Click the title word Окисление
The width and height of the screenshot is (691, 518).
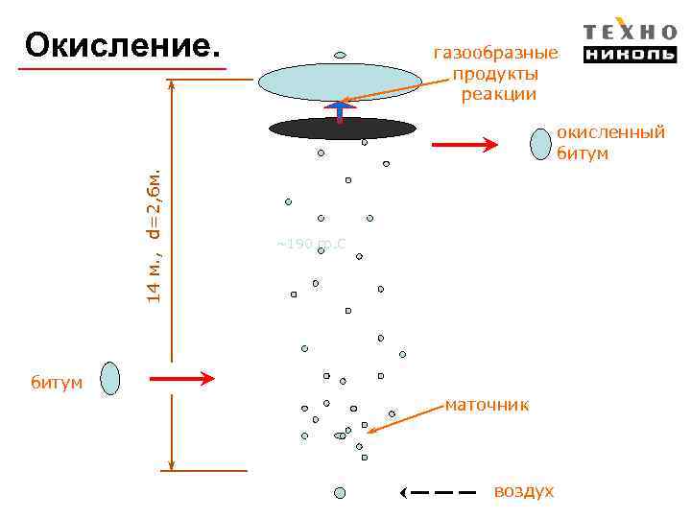(x=122, y=44)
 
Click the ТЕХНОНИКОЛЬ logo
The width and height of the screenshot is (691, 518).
(x=630, y=42)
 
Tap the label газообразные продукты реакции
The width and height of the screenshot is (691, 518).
(x=495, y=74)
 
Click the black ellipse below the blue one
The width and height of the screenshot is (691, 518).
(x=342, y=129)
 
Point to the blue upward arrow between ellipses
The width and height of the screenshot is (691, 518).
(x=340, y=111)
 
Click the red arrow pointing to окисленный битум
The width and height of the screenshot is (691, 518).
(x=465, y=145)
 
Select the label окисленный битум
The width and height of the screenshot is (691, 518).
(x=610, y=143)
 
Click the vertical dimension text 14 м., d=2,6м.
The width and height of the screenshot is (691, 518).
(x=154, y=234)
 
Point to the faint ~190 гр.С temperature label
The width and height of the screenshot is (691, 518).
(x=311, y=245)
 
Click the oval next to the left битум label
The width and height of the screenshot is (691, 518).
(x=111, y=378)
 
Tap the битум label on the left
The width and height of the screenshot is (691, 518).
(x=57, y=384)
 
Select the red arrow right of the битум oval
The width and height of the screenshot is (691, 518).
(x=182, y=379)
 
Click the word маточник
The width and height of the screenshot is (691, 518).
(x=487, y=406)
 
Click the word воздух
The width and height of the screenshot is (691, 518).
(x=523, y=491)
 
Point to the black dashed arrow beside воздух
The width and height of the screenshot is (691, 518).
(x=438, y=492)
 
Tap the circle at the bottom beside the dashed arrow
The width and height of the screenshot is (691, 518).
(x=339, y=492)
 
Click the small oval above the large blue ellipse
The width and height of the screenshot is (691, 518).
(x=340, y=55)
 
